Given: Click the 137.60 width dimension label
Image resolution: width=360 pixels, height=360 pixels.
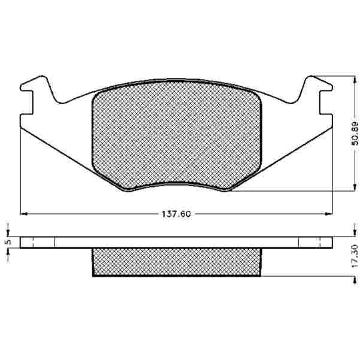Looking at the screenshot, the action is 176,214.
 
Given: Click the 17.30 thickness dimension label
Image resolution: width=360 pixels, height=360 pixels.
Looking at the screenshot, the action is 355,256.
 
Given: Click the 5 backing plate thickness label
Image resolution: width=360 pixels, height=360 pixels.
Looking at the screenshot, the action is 8,242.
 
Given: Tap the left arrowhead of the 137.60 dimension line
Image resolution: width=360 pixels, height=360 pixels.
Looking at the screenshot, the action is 24,214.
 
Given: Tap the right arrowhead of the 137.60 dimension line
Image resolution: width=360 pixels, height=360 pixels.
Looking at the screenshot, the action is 329,214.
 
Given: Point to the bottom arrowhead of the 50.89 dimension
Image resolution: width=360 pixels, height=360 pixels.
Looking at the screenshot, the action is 355,187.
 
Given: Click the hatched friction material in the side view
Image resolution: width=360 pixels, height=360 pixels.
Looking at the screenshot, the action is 177,262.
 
